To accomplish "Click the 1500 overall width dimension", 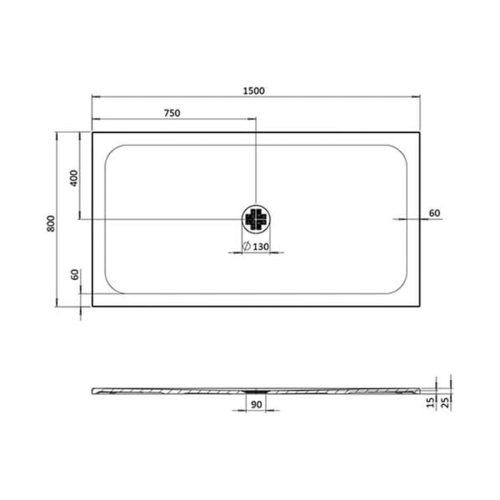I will [254, 90].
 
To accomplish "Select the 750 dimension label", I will [171, 113].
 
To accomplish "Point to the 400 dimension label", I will [72, 178].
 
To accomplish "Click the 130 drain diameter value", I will [260, 246].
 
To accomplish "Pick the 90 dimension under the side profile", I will [255, 405].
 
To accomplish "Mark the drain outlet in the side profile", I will [255, 391].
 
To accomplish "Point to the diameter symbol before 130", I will [245, 246].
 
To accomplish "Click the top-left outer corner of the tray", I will [92, 131].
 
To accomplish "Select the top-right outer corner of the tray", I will [419, 131].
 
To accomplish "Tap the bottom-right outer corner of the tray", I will [419, 307].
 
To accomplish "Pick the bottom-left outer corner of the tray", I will [92, 307].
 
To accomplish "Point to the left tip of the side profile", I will [93, 390].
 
